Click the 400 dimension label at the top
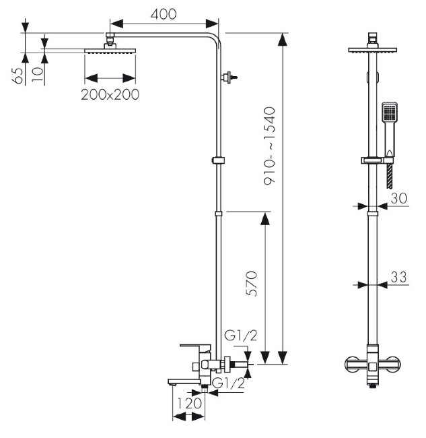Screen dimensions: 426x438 click(x=164, y=14)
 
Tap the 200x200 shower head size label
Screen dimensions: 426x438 click(x=110, y=94)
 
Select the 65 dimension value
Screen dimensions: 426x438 click(x=17, y=75)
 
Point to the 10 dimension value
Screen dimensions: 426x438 click(x=38, y=74)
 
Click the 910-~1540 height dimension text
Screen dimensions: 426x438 click(x=269, y=146)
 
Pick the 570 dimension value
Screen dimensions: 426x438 click(x=251, y=283)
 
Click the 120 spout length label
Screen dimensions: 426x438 click(x=189, y=403)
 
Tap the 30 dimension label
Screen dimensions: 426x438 click(x=399, y=198)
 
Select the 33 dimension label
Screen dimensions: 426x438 click(x=398, y=277)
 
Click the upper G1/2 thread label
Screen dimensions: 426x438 click(x=240, y=336)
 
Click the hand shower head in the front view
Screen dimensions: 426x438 click(x=389, y=113)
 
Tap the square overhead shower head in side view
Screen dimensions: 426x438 click(x=110, y=51)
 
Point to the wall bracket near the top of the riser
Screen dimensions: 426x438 click(x=228, y=77)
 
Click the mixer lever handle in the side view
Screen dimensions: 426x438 click(x=195, y=347)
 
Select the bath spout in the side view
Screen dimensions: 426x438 click(x=184, y=381)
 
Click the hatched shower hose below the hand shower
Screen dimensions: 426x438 click(x=390, y=176)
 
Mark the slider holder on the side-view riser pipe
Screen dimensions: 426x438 click(x=218, y=160)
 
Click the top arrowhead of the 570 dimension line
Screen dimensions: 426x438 click(x=264, y=218)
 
